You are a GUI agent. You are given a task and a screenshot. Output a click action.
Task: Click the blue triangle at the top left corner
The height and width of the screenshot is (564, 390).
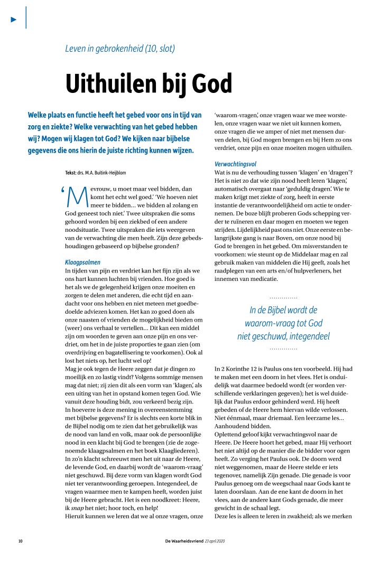14,20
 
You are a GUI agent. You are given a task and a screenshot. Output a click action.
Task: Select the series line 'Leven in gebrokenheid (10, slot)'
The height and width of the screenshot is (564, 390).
119,49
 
